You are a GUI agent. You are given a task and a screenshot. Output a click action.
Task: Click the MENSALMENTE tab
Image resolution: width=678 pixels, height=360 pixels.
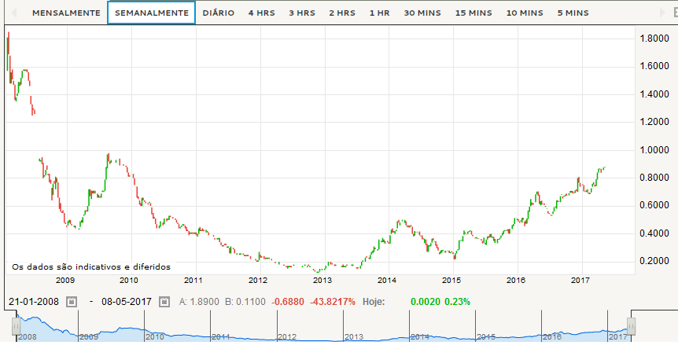66,13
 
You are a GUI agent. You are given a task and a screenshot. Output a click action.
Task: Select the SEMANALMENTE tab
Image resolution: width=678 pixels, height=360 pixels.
151,13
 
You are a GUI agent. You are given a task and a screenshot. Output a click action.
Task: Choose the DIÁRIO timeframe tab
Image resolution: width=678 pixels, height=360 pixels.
218,13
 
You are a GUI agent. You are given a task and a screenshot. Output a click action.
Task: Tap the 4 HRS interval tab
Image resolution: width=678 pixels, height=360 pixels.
261,13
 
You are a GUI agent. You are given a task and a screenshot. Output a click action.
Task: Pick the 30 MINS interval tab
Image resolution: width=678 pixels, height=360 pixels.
422,13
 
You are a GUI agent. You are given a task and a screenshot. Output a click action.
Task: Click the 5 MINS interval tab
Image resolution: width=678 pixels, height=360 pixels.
573,13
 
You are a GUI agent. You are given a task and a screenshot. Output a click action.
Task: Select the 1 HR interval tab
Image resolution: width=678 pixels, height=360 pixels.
380,13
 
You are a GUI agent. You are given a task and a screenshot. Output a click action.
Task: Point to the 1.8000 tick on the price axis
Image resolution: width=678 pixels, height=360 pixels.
654,39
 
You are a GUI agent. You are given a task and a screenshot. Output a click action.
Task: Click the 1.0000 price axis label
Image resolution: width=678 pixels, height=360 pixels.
654,150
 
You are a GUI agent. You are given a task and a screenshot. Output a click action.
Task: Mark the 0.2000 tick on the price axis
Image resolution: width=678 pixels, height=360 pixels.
654,262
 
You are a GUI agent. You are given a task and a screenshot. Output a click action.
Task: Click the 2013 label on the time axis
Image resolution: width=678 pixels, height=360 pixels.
322,280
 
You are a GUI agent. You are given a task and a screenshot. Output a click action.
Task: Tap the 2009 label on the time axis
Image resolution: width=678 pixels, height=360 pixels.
64,280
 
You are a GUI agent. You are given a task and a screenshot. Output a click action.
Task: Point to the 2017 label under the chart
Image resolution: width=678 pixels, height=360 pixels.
580,280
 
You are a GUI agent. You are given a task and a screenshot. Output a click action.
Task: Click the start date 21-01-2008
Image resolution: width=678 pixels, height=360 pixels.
34,301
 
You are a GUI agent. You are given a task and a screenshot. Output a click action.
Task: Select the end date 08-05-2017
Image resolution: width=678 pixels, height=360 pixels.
126,301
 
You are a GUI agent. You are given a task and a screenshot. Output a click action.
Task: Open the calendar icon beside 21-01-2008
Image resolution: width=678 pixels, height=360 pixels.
72,301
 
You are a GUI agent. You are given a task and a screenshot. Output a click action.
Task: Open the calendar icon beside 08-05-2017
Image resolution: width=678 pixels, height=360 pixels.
164,301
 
